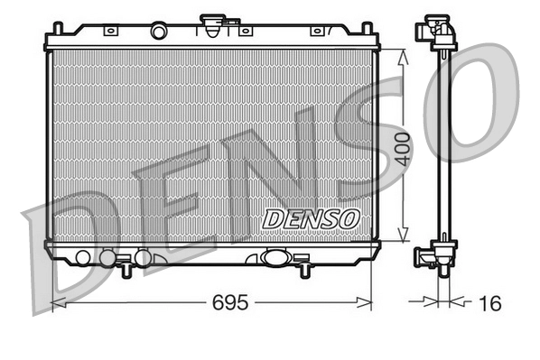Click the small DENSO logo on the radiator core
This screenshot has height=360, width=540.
[311, 219]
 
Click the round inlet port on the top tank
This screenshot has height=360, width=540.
[159, 32]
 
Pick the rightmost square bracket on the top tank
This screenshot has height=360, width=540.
[316, 31]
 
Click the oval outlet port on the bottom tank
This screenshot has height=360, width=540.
[275, 257]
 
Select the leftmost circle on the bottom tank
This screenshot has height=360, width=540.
[83, 258]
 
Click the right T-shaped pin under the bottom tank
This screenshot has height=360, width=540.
[304, 268]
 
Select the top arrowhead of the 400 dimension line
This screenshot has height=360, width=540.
[403, 53]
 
